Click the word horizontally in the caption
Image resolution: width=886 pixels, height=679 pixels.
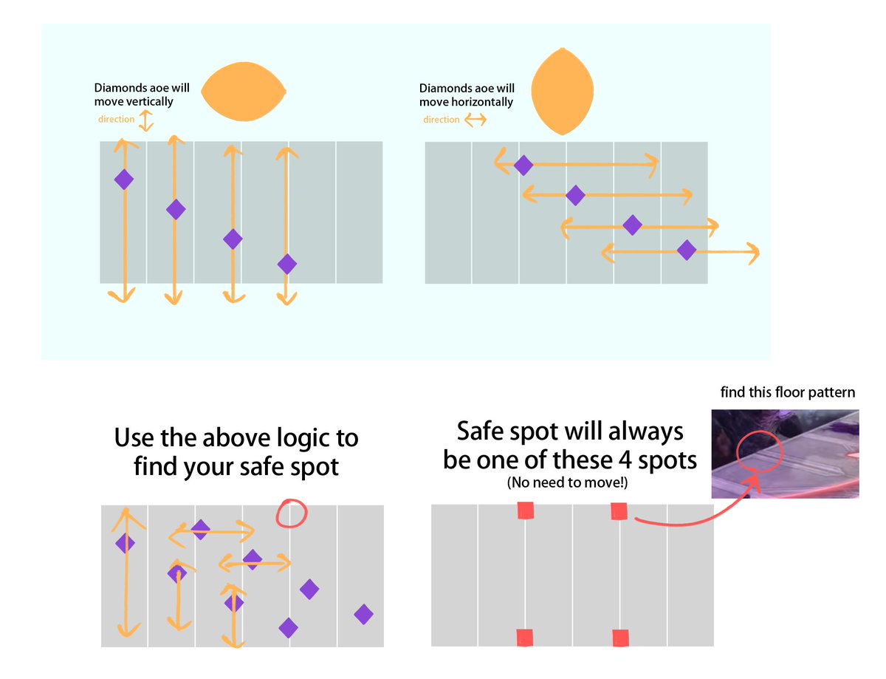coord(483,102)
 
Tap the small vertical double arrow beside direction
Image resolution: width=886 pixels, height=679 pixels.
coord(146,120)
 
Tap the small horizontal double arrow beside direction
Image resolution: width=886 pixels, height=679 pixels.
coord(474,120)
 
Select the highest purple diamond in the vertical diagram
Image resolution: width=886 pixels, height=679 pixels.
coord(123,179)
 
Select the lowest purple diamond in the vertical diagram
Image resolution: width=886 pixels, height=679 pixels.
coord(286,264)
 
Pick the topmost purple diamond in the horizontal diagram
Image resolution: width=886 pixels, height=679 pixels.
coord(523,166)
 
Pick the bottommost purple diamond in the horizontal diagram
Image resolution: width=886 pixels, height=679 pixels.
coord(687,250)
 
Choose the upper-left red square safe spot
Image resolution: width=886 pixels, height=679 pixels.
coord(525,511)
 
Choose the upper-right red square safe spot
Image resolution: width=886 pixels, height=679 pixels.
coord(619,511)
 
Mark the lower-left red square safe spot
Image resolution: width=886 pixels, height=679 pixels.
coord(525,638)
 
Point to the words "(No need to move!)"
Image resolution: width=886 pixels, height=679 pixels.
coord(569,483)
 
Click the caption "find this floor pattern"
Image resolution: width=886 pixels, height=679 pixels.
coord(789,392)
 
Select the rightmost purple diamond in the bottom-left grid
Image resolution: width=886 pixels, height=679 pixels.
coord(363,613)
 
